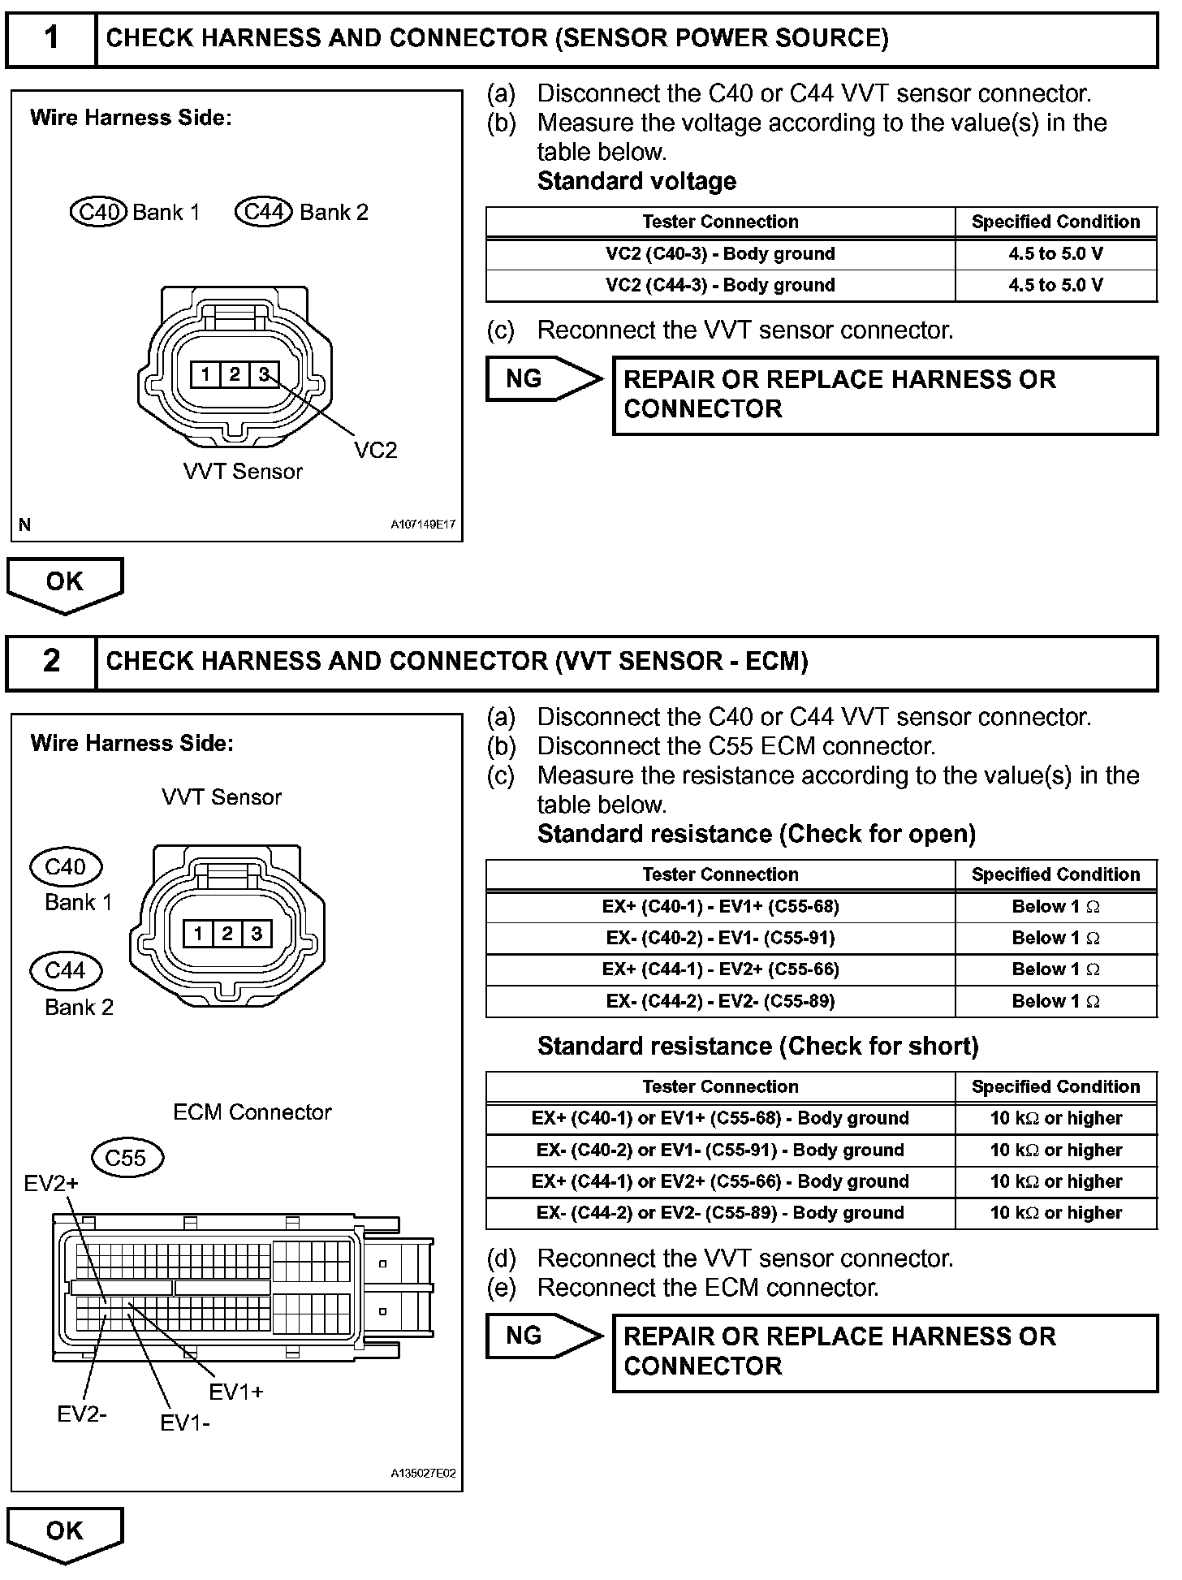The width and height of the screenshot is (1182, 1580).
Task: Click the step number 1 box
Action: coord(51,38)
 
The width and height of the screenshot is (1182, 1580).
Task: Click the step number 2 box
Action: coord(51,661)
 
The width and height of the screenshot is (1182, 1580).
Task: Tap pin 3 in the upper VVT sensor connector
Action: coord(264,374)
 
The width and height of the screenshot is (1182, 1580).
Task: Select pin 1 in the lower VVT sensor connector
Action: coord(198,933)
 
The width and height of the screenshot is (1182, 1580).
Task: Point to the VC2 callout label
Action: coord(375,450)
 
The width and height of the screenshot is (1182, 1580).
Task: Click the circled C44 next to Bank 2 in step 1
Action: coord(263,212)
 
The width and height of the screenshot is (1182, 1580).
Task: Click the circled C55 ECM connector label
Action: coord(126,1157)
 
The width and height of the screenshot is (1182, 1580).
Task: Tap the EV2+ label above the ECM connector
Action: coord(51,1183)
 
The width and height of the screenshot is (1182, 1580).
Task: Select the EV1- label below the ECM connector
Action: coord(185,1422)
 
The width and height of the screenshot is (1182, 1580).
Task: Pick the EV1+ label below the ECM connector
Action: coord(236,1392)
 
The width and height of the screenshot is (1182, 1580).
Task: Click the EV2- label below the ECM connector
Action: coord(81,1414)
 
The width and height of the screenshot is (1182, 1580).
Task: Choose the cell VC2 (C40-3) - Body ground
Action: coord(720,253)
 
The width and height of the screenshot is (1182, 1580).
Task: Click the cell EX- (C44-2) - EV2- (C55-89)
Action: coord(720,1001)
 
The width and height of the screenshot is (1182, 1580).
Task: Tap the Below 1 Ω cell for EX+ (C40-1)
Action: coord(1055,906)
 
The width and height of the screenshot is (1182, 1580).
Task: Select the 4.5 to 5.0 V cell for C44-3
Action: coord(1055,285)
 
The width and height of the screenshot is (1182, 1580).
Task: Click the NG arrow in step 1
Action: coord(541,379)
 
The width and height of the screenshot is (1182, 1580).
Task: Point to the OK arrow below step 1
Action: coord(65,583)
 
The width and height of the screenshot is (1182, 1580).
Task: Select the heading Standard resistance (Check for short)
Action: coord(757,1046)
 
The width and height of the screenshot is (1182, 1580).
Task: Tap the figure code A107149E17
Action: coord(423,525)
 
